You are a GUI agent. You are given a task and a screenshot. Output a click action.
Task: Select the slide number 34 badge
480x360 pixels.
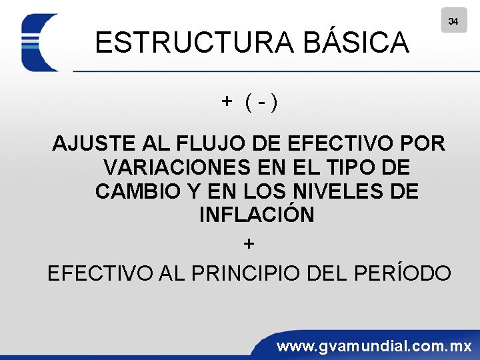[453, 21]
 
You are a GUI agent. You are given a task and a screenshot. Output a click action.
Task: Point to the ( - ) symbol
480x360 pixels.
[262, 102]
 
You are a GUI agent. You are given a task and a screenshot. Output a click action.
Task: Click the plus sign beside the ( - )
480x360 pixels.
[227, 101]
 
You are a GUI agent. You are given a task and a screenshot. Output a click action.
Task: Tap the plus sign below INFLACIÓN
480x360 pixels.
[249, 245]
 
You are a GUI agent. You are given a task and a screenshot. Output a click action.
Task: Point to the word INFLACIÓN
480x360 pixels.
[257, 215]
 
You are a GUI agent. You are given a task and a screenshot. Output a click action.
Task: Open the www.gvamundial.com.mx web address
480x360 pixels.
[374, 347]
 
